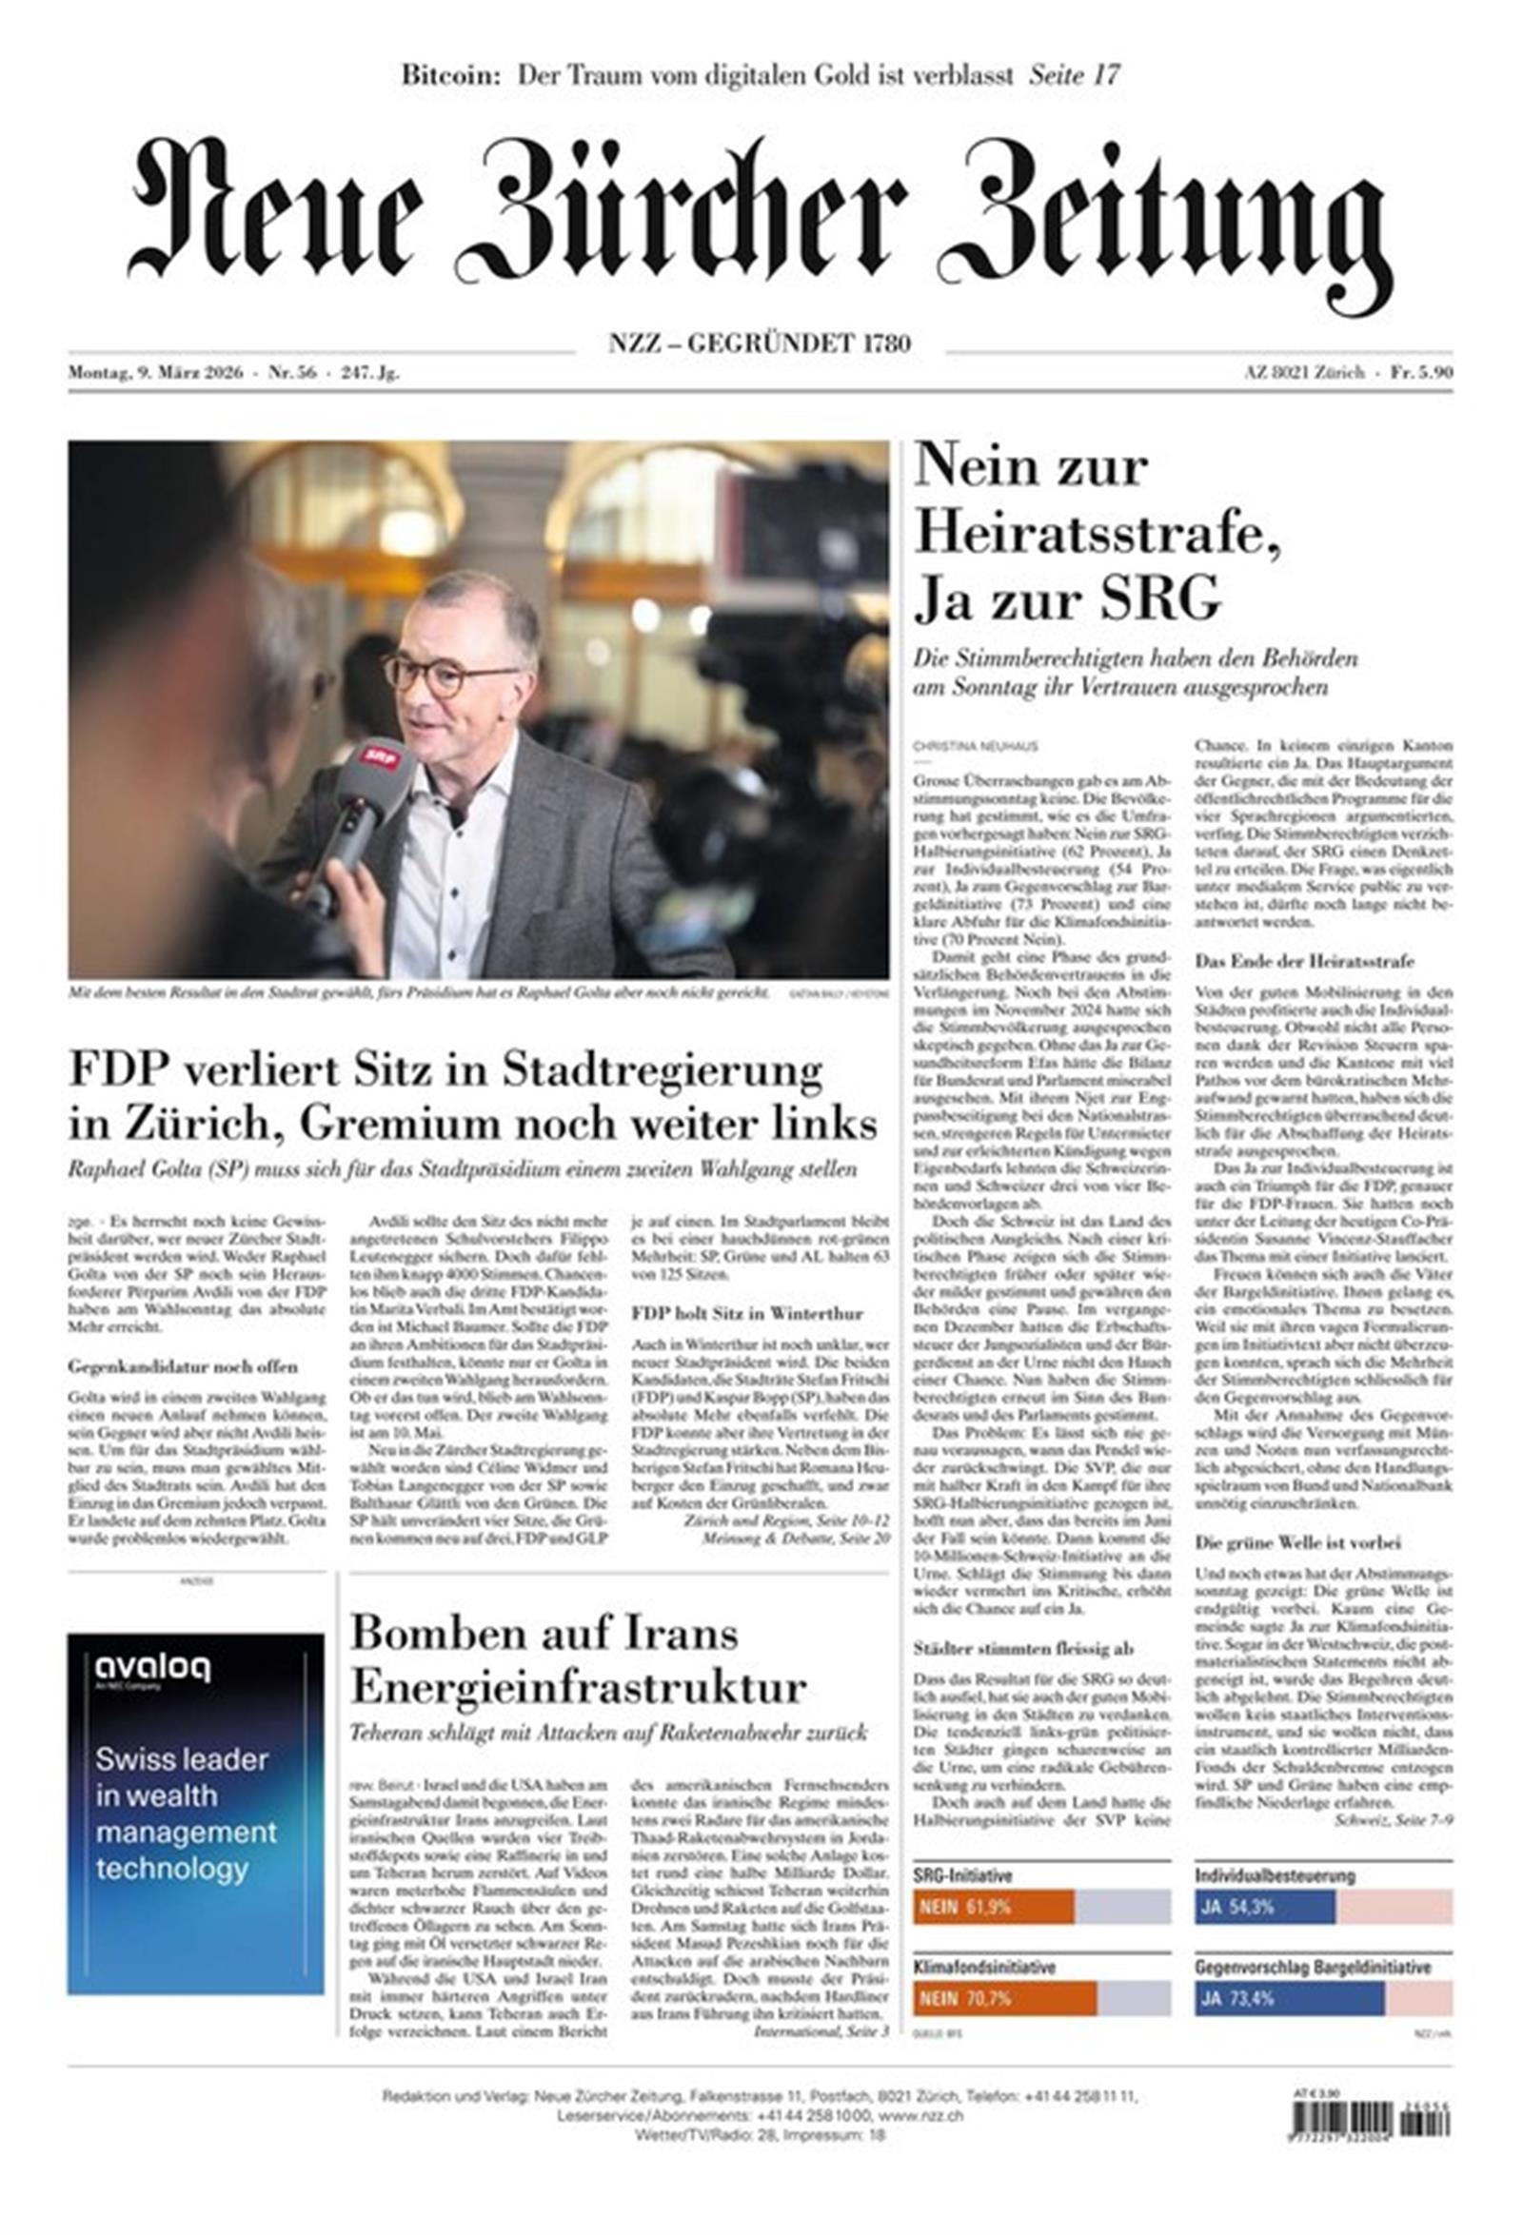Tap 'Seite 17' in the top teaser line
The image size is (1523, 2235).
[1074, 75]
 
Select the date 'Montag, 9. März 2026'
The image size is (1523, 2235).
[155, 374]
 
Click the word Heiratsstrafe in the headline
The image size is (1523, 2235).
[1097, 532]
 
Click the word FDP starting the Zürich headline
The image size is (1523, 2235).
[119, 1069]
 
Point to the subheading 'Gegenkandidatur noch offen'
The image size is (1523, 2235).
[183, 1366]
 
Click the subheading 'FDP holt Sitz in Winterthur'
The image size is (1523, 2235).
[746, 1314]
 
